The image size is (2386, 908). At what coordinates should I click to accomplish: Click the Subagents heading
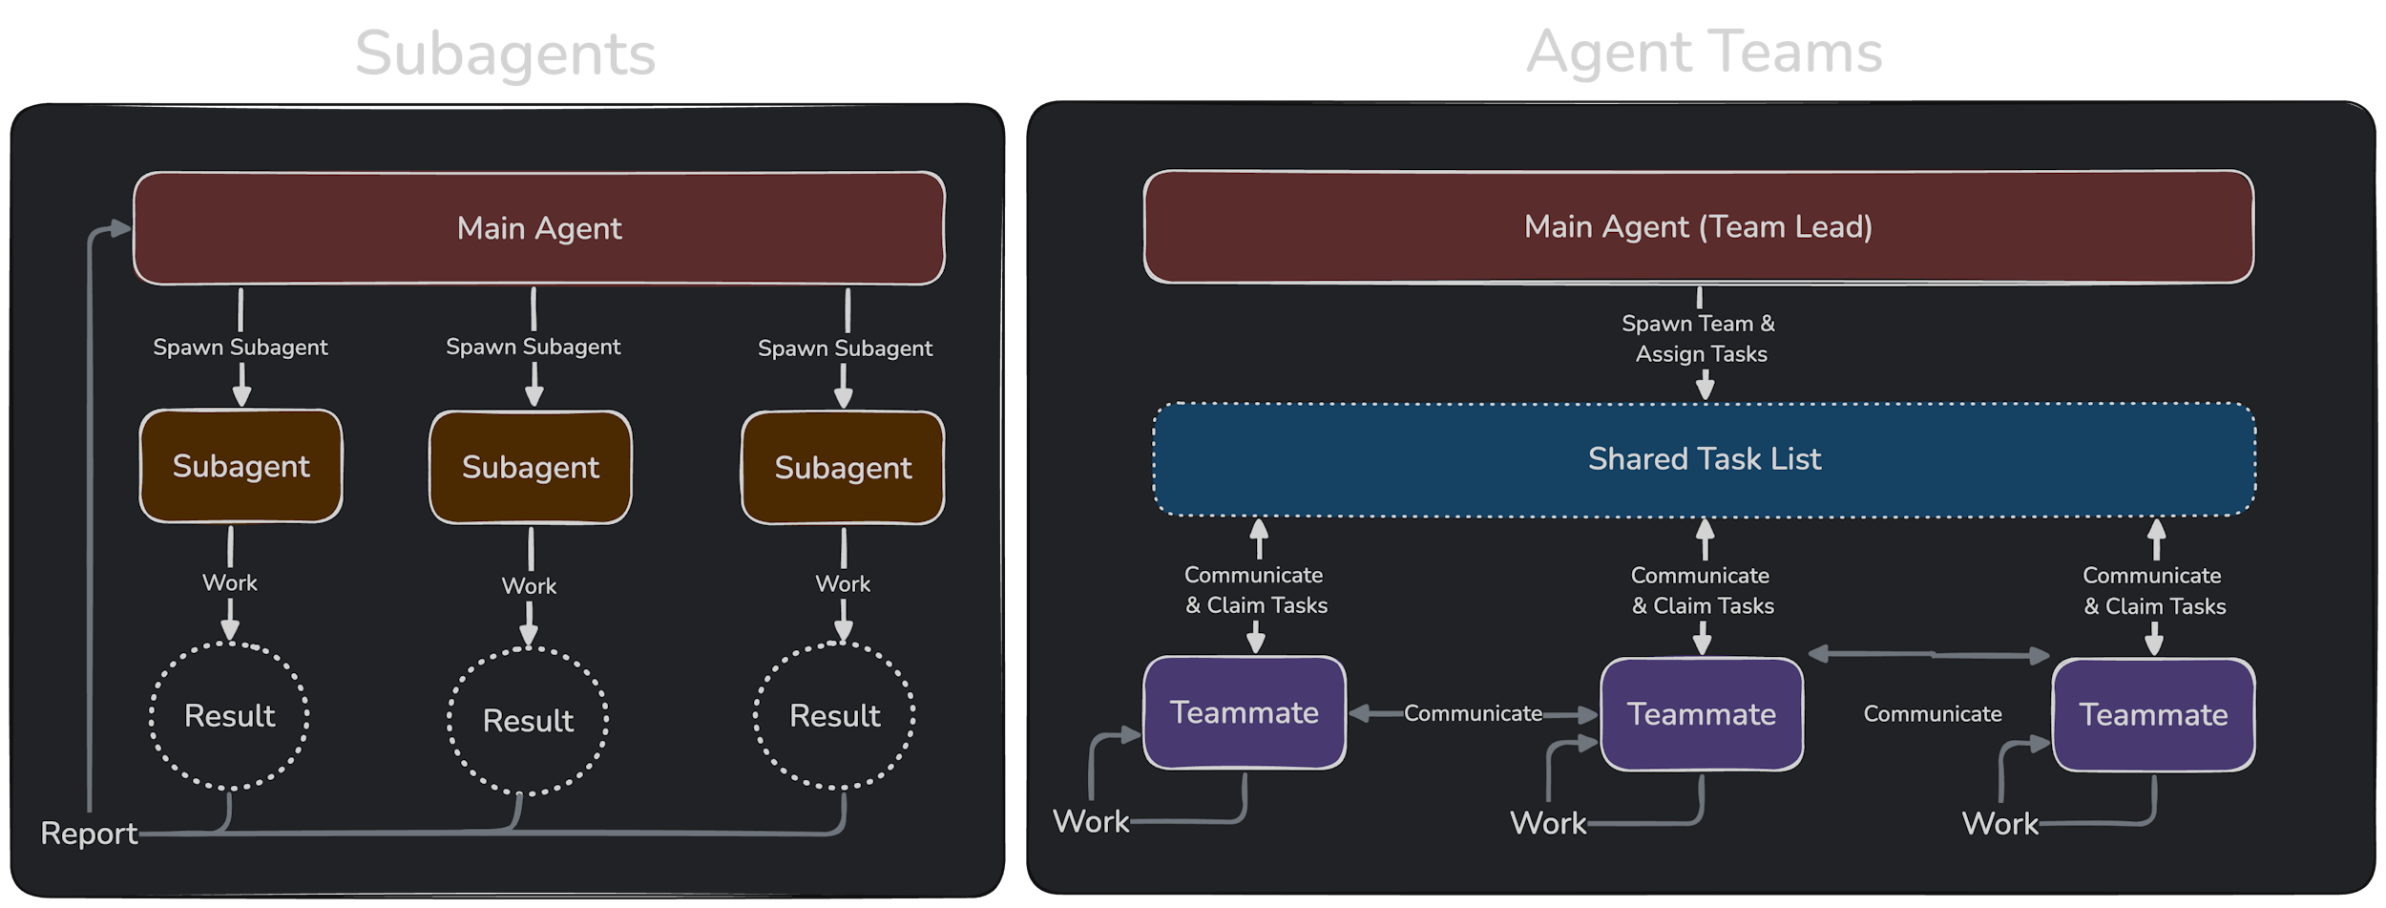coord(505,53)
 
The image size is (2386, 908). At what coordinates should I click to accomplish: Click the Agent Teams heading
coord(1704,52)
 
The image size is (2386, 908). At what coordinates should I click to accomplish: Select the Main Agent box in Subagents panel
coord(539,228)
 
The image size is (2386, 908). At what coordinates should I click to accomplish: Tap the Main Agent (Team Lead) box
coord(1698,226)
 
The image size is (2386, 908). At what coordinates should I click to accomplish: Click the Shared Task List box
coord(1704,459)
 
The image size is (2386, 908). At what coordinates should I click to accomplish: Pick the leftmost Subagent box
coord(241,466)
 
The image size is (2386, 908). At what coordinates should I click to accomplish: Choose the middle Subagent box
coord(531,467)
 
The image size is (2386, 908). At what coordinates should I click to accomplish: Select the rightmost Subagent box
coord(843,468)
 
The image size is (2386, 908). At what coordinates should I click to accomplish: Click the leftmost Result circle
coord(229,716)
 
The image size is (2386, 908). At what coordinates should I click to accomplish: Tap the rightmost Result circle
coord(834,716)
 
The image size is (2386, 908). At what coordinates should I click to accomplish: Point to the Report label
coord(89,834)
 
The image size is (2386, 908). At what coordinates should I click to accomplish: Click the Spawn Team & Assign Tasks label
coord(1700,339)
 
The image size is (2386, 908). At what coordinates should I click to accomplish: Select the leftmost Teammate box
coord(1245,712)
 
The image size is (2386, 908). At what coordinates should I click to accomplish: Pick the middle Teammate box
coord(1702,714)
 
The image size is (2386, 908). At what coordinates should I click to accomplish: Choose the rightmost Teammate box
coord(2153,715)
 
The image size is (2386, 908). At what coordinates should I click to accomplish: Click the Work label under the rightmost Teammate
coord(1999,824)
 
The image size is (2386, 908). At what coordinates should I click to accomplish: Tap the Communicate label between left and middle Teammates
coord(1473,713)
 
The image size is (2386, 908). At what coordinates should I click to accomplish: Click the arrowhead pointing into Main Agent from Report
coord(120,228)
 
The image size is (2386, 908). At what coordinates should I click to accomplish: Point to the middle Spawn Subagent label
coord(533,347)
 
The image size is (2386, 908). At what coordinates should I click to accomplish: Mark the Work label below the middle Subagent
coord(529,586)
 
